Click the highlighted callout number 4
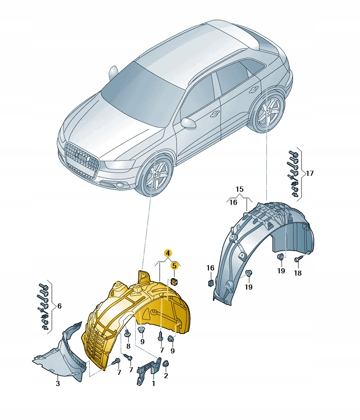[x=168, y=253]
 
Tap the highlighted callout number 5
[x=174, y=266]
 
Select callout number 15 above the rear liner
[x=240, y=190]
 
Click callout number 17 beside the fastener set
[x=310, y=173]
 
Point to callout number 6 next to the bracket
[x=59, y=306]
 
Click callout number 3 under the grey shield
[x=58, y=383]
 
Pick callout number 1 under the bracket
[x=154, y=383]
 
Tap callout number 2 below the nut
[x=166, y=376]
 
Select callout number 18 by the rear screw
[x=298, y=273]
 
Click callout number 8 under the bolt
[x=128, y=346]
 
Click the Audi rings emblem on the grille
[x=81, y=157]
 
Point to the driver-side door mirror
[x=189, y=123]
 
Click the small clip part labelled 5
[x=174, y=282]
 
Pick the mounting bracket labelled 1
[x=149, y=371]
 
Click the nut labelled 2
[x=165, y=364]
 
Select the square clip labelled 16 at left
[x=211, y=282]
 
